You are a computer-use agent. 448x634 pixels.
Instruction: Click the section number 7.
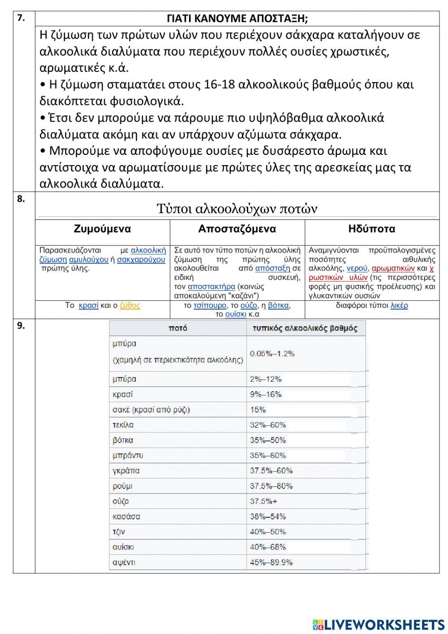tap(21, 18)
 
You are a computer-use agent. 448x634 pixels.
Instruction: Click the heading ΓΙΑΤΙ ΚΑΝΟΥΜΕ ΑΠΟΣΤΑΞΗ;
tap(237, 19)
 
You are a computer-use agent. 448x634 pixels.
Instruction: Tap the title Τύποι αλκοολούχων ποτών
tap(237, 209)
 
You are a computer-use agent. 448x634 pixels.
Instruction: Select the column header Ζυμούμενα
tap(102, 229)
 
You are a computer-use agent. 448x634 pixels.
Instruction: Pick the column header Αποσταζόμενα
tap(237, 229)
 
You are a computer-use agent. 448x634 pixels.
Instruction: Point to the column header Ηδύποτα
tap(371, 229)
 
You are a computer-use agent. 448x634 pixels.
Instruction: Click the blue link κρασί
tap(88, 306)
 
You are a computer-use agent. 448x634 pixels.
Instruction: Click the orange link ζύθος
tap(130, 306)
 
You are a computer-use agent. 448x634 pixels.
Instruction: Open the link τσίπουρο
tap(210, 306)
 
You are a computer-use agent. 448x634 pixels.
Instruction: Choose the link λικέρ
tap(399, 306)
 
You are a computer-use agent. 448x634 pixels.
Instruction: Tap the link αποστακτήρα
tap(211, 286)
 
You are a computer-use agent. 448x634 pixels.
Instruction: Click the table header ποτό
tap(178, 328)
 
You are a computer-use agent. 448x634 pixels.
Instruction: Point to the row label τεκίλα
tap(123, 425)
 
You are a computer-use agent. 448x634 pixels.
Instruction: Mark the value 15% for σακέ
tap(258, 410)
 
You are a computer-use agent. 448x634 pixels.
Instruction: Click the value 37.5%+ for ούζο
tap(263, 501)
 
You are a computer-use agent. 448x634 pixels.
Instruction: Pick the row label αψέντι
tap(124, 562)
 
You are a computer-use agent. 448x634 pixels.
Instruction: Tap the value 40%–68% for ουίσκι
tap(268, 547)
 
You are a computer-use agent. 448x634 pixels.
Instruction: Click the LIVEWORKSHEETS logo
tap(379, 624)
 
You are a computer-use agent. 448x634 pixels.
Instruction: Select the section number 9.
tap(21, 326)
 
